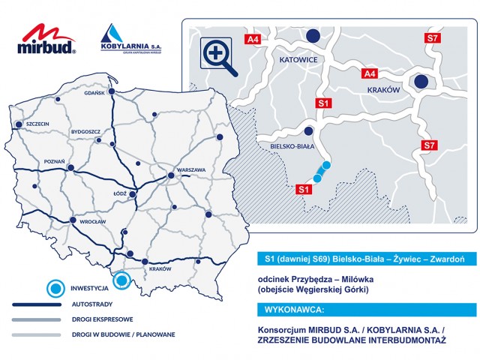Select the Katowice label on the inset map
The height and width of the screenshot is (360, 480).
click(x=299, y=58)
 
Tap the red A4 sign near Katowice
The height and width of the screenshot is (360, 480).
click(x=253, y=38)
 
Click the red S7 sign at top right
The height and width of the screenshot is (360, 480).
click(x=432, y=38)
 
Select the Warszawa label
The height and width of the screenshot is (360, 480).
click(x=192, y=170)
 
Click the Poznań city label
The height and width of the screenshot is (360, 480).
click(x=55, y=162)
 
